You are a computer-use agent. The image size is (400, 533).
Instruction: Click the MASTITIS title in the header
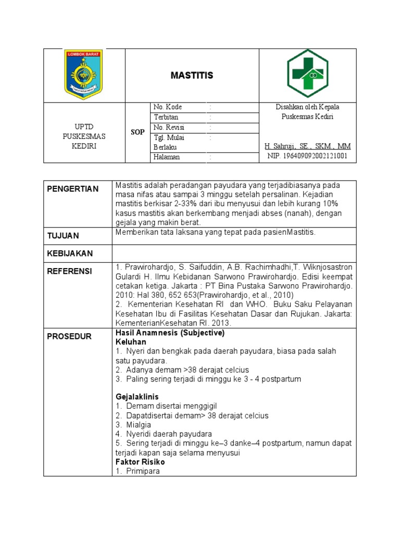pyautogui.click(x=192, y=76)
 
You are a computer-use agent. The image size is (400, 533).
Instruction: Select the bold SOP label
pyautogui.click(x=137, y=133)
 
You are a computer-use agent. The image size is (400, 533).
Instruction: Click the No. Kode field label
pyautogui.click(x=168, y=107)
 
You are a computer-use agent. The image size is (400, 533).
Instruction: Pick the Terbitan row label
pyautogui.click(x=166, y=118)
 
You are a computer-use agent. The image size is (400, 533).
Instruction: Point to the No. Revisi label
pyautogui.click(x=169, y=128)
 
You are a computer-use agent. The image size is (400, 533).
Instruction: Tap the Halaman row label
pyautogui.click(x=166, y=157)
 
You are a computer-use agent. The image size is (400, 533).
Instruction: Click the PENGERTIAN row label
pyautogui.click(x=72, y=189)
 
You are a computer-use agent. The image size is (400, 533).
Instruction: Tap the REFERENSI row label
pyautogui.click(x=69, y=271)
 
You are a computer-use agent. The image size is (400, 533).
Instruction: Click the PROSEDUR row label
pyautogui.click(x=69, y=337)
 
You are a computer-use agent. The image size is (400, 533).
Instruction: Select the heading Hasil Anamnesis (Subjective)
pyautogui.click(x=170, y=333)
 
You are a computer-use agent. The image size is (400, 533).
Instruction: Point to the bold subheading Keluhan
pyautogui.click(x=131, y=342)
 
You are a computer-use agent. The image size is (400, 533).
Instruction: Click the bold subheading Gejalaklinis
pyautogui.click(x=137, y=397)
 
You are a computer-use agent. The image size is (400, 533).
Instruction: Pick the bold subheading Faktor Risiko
pyautogui.click(x=140, y=462)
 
